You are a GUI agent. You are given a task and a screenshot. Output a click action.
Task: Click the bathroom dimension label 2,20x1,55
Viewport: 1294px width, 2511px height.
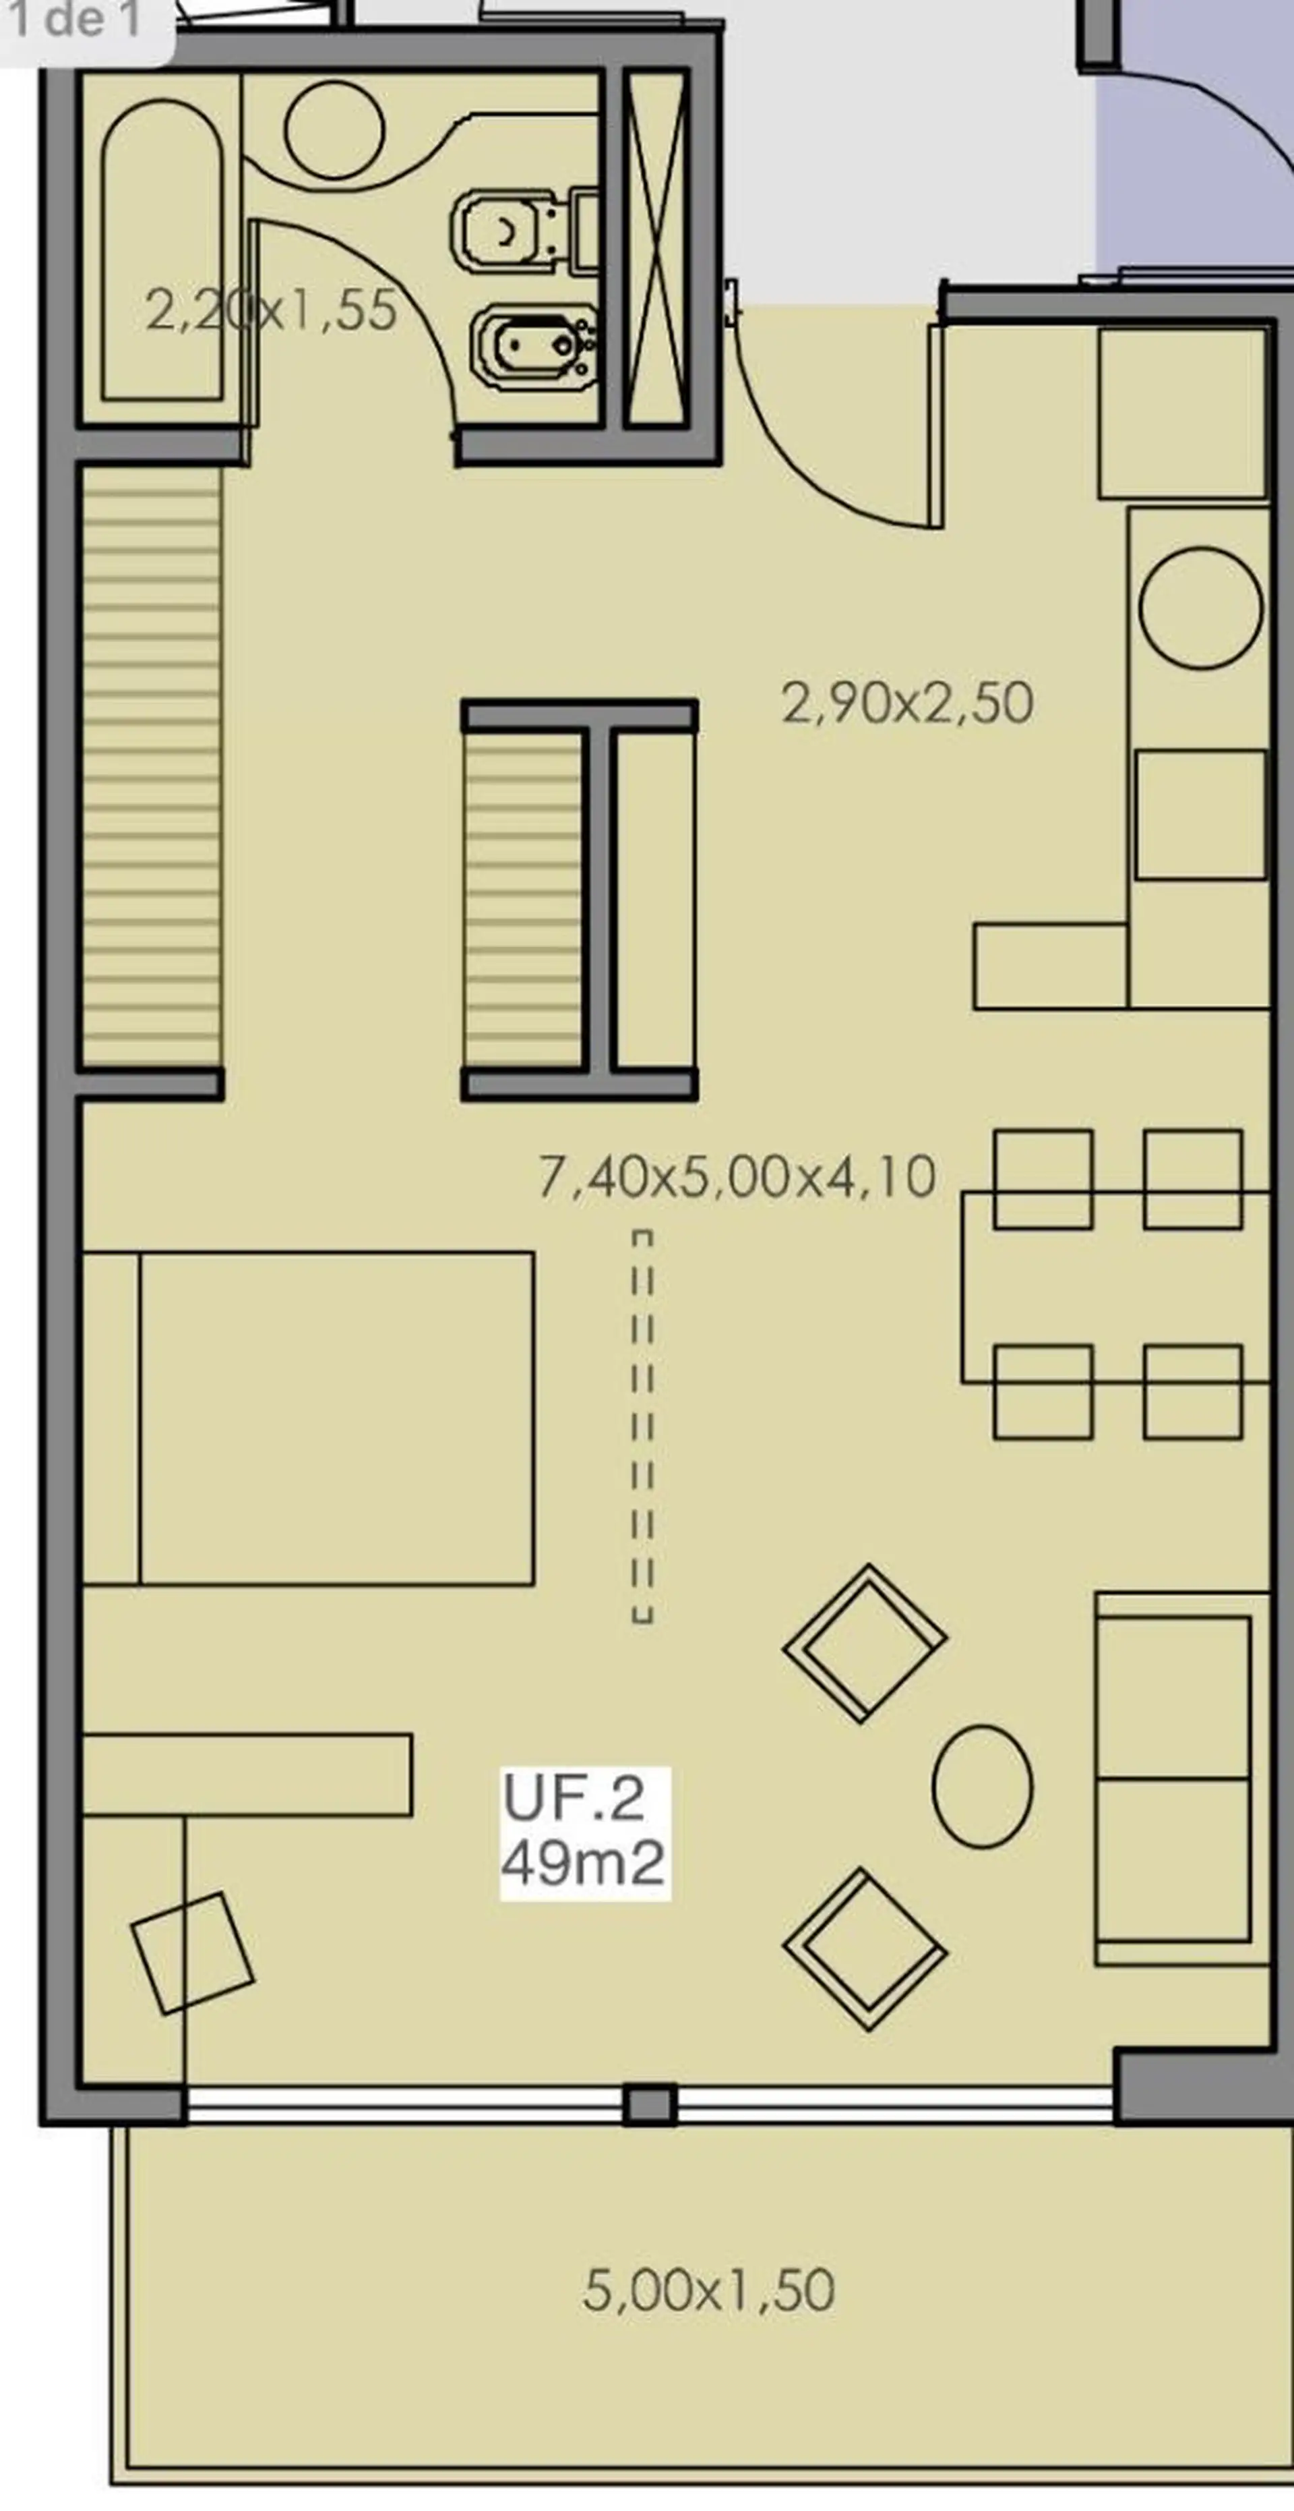click(271, 310)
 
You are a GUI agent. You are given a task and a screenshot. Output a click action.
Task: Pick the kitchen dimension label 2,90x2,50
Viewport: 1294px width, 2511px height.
click(907, 703)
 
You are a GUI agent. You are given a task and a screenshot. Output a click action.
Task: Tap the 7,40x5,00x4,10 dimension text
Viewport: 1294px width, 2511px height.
click(737, 1176)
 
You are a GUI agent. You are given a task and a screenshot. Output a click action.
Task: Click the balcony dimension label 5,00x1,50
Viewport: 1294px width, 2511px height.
click(708, 2290)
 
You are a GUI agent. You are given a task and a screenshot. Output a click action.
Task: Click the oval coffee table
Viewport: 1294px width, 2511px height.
click(982, 1786)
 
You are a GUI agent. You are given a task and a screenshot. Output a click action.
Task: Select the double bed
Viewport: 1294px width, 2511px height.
click(308, 1418)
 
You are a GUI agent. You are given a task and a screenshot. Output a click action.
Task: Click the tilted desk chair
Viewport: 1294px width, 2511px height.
click(193, 1953)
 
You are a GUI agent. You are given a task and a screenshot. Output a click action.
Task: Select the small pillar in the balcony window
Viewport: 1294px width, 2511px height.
click(650, 2104)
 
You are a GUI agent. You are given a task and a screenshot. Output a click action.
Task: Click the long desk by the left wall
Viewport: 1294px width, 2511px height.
click(247, 1774)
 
